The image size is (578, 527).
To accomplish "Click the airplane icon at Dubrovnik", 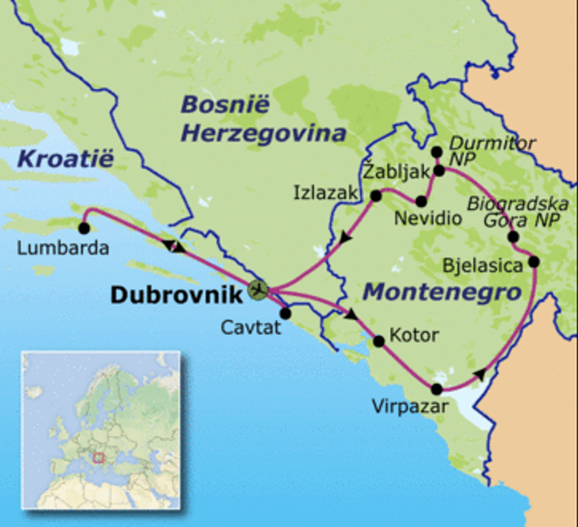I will pos(257,290).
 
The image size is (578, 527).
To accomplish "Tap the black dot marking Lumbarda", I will pos(84,228).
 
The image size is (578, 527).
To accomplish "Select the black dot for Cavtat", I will pos(285,313).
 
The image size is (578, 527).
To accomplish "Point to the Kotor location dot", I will pos(379,341).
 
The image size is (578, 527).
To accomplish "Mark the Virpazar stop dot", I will pos(436,389).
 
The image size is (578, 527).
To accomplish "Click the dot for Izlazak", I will pos(375,196).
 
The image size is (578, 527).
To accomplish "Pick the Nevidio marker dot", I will pos(421,201).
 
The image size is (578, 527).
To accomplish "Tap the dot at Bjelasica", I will pos(533,261).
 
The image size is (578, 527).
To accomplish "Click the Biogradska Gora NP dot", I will pos(513,236).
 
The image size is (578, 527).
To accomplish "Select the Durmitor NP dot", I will pos(436,152).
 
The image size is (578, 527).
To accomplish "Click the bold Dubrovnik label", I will pos(176,295).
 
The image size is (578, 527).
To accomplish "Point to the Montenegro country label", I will pos(441,292).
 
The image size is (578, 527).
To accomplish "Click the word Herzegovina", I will pos(264,134).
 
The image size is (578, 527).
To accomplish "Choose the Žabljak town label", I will pos(396,172).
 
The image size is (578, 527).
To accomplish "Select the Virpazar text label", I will pos(410,406).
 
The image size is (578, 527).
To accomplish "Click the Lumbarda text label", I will pos(63,248).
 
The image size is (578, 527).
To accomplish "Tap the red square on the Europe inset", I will pos(99,457).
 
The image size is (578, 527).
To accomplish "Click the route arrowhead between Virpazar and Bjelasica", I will pos(480,374).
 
